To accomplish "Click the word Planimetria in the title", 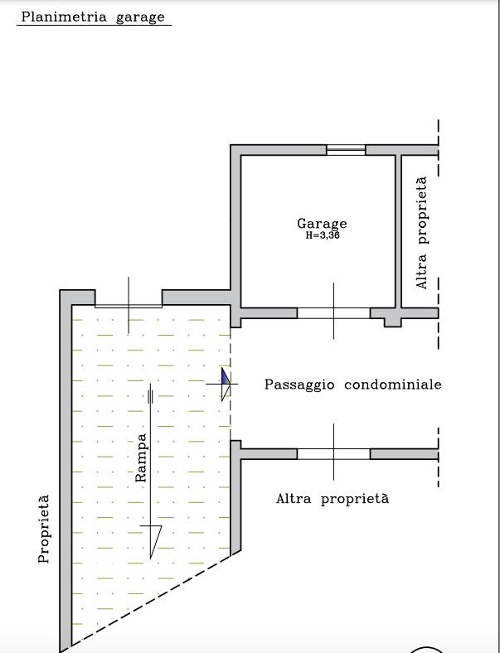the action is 64,17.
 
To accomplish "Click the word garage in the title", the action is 140,18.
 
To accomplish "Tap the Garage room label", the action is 322,224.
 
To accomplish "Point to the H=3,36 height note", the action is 323,235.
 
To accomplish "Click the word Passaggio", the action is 299,385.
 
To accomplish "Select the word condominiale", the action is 392,384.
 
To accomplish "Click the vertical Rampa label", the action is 141,457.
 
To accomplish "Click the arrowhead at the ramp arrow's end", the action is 153,541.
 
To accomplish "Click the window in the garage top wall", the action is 346,150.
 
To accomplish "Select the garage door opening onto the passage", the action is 333,313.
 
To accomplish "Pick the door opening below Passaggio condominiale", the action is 333,454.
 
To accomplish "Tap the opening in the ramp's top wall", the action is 129,306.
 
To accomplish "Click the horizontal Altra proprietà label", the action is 333,499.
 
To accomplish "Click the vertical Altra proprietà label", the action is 422,233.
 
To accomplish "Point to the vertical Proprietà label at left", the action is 44,529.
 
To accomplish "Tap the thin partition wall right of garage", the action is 398,231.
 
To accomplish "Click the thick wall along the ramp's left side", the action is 66,471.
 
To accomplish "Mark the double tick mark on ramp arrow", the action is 150,396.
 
